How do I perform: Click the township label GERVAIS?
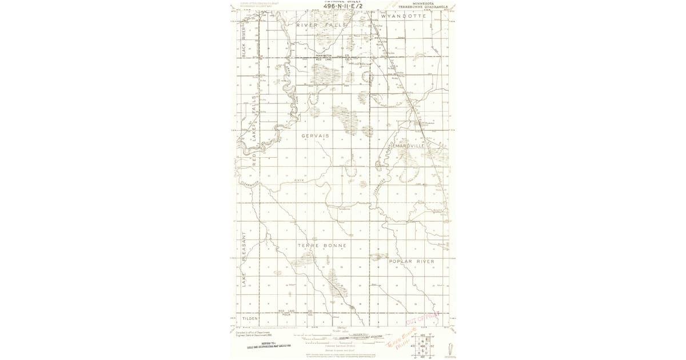pos(315,135)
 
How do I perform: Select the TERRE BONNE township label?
pos(321,245)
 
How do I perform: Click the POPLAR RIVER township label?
pos(411,261)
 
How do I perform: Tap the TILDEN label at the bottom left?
pos(250,318)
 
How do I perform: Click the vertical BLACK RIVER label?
pos(244,42)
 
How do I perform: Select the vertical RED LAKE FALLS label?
pos(254,131)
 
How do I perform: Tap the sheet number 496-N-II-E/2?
pos(342,6)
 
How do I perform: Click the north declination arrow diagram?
pos(452,347)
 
